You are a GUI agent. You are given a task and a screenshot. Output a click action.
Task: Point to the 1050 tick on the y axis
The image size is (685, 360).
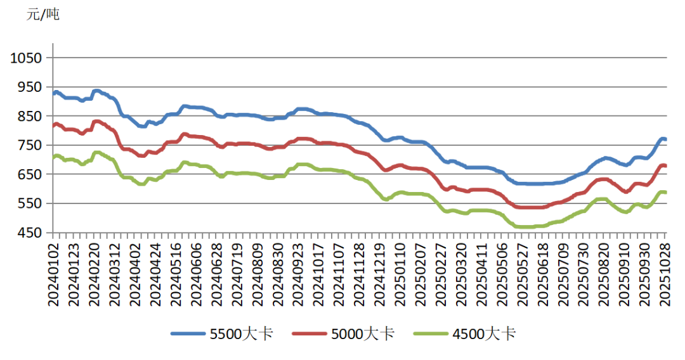(26, 58)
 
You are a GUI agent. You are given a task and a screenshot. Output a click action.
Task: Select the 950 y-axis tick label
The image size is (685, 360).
(29, 87)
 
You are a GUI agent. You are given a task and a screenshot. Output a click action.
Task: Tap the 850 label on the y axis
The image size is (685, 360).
(29, 117)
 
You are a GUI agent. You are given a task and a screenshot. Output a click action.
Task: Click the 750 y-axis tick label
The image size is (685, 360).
(29, 146)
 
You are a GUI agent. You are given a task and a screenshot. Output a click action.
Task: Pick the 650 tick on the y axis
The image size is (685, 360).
(29, 175)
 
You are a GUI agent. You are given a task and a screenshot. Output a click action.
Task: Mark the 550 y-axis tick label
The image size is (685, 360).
(29, 204)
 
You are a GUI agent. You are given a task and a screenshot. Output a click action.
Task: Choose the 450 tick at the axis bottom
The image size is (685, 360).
(29, 233)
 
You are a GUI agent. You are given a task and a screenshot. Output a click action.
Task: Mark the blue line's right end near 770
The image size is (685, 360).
(664, 139)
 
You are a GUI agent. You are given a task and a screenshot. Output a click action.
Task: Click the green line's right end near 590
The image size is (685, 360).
(664, 192)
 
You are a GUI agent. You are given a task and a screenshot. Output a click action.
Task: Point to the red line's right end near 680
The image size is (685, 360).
(664, 166)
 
